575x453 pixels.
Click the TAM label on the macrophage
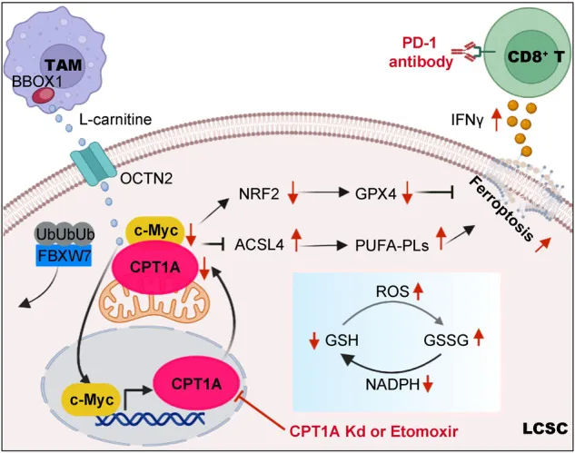[64, 64]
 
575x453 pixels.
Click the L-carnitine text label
[115, 120]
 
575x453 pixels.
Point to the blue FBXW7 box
[64, 255]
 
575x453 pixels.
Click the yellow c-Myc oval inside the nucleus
[92, 400]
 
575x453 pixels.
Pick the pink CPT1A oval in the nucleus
[196, 385]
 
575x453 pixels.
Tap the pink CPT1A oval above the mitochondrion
[155, 268]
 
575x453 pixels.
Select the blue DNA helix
[150, 419]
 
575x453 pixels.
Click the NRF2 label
[259, 194]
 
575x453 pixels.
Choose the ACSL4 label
[259, 245]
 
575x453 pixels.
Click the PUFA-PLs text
[392, 245]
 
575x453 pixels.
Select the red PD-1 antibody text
[421, 53]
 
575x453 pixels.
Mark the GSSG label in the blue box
[446, 340]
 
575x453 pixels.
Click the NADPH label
[392, 385]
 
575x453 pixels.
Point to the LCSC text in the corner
[544, 428]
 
